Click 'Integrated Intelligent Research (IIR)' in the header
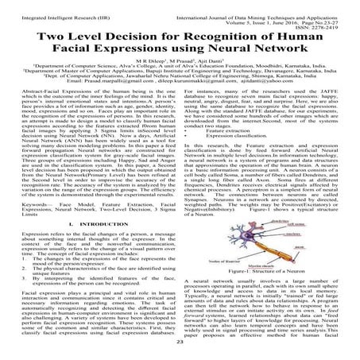[x=48, y=6]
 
